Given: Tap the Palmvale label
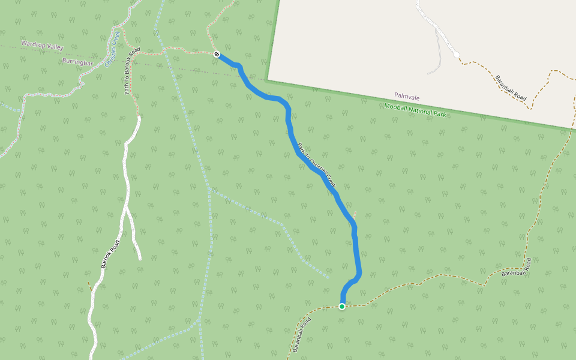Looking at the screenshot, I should pyautogui.click(x=407, y=96).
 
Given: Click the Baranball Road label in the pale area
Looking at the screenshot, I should pyautogui.click(x=511, y=88).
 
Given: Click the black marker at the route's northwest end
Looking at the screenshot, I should pyautogui.click(x=217, y=55).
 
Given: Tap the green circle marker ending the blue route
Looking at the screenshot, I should pyautogui.click(x=342, y=307).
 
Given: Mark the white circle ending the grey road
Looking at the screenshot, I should pyautogui.click(x=457, y=55).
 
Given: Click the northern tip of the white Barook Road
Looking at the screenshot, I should pyautogui.click(x=139, y=118).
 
